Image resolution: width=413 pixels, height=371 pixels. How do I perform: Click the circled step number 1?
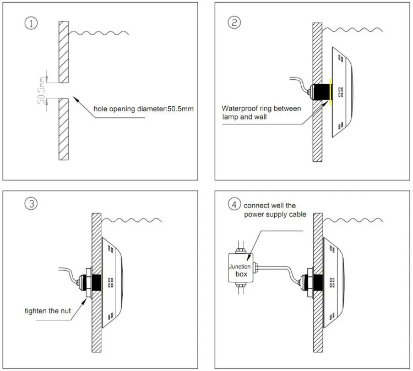click(32, 24)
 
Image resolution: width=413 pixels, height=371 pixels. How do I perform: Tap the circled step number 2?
click(235, 23)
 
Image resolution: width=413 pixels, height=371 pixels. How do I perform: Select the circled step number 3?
click(31, 204)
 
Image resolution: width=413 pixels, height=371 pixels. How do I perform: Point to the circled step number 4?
click(235, 204)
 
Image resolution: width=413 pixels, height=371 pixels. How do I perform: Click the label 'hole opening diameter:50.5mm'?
click(143, 110)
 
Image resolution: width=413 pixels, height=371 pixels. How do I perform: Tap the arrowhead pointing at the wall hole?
click(75, 97)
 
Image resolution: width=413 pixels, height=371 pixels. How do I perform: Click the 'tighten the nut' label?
click(48, 311)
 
